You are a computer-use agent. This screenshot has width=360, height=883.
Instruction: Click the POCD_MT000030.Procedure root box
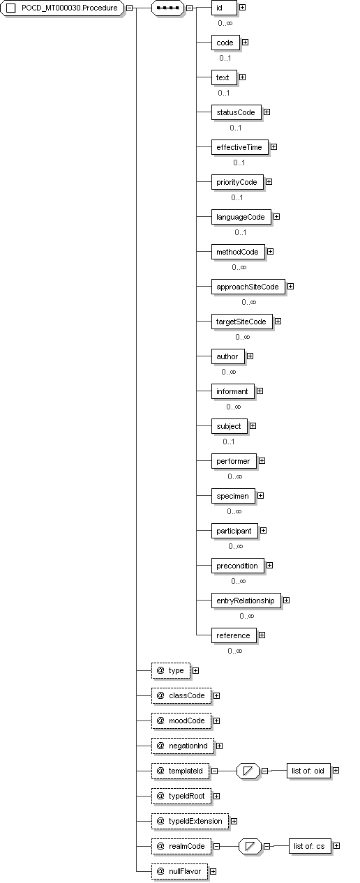62,8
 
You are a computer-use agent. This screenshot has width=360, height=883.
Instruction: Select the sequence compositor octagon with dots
167,8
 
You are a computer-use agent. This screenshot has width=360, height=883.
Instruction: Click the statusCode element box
236,112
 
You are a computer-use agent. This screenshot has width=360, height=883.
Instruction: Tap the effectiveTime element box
239,147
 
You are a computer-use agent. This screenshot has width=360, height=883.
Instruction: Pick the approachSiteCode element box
248,287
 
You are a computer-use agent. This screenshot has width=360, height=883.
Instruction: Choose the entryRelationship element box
246,601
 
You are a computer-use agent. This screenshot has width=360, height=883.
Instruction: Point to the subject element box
229,427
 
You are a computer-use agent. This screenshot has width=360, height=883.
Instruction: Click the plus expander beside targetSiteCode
278,322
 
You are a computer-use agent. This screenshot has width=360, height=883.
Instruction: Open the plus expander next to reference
262,635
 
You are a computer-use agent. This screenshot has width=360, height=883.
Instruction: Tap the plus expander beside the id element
243,8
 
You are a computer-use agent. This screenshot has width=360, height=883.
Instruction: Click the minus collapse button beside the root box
129,8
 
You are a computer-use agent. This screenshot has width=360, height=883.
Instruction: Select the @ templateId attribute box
180,771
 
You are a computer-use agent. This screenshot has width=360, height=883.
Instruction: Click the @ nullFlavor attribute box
179,871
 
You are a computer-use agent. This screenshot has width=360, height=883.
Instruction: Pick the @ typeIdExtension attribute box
190,821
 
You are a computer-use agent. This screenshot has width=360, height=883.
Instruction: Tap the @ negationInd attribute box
183,746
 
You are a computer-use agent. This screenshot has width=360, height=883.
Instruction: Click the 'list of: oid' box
308,771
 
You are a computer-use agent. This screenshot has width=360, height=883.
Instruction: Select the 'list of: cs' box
310,846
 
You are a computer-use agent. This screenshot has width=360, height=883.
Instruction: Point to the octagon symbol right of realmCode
250,846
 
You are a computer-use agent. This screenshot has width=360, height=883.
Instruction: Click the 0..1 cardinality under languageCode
241,232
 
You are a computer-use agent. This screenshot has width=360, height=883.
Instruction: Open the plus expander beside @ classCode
216,696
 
